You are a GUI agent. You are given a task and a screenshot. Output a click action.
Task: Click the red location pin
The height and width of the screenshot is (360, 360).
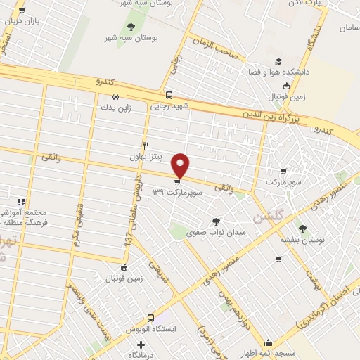(181, 165)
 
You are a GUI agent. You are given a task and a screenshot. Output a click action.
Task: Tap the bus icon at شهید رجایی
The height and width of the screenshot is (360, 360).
(168, 95)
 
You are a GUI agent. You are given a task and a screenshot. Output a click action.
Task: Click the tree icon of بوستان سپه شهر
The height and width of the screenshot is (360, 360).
(131, 27)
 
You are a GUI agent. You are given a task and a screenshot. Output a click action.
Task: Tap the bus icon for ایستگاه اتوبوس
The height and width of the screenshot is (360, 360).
(150, 317)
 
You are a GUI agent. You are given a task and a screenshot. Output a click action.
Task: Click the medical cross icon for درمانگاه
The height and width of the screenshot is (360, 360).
(141, 345)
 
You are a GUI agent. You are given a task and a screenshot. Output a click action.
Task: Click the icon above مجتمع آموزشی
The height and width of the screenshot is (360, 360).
(22, 202)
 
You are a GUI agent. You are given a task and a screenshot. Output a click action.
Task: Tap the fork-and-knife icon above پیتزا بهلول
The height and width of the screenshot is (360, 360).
(146, 145)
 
